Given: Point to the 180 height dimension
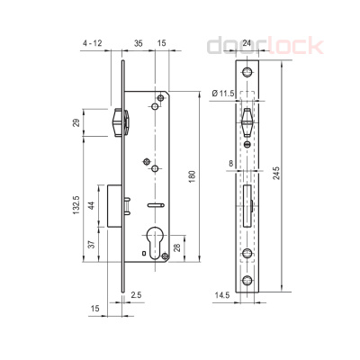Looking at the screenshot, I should (x=192, y=178).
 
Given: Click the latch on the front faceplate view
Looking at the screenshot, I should (x=249, y=121).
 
